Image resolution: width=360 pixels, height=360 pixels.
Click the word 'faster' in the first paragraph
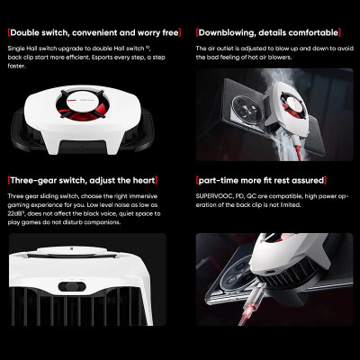(x=18, y=65)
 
